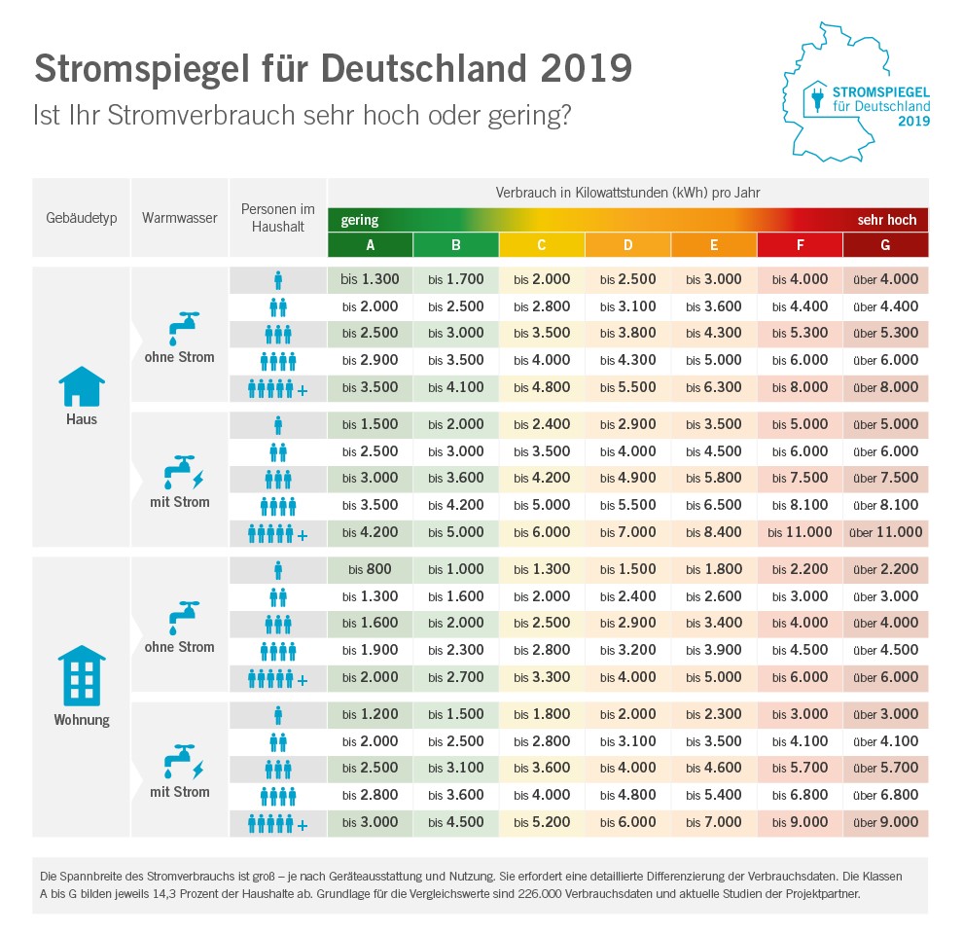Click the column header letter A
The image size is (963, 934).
[371, 245]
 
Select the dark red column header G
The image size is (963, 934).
[885, 245]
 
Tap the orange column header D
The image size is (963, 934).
[627, 245]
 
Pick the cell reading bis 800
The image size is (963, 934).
[371, 569]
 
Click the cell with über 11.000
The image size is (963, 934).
[885, 532]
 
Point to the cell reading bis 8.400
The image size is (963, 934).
[714, 532]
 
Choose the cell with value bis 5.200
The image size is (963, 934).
[542, 822]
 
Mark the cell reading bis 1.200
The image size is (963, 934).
[371, 714]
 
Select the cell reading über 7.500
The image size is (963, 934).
[885, 478]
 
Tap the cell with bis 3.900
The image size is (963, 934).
[714, 651]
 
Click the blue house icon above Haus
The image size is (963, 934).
[82, 386]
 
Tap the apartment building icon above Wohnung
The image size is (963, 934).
[83, 675]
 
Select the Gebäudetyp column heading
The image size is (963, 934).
[82, 218]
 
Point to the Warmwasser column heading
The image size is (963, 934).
[180, 218]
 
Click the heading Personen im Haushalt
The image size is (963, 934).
[278, 218]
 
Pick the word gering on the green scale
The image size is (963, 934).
[360, 220]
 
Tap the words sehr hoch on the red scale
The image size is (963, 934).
[886, 220]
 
